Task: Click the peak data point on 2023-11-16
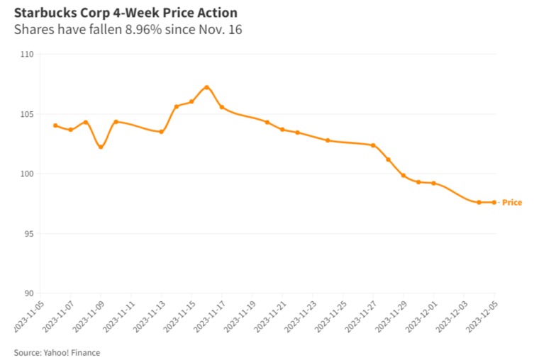click(206, 87)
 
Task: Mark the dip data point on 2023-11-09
click(101, 147)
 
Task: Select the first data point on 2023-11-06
click(55, 125)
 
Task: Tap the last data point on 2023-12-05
click(494, 203)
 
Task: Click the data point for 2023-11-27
click(373, 145)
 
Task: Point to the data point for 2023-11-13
click(161, 132)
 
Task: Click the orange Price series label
click(511, 203)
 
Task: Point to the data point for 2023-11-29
click(404, 175)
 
